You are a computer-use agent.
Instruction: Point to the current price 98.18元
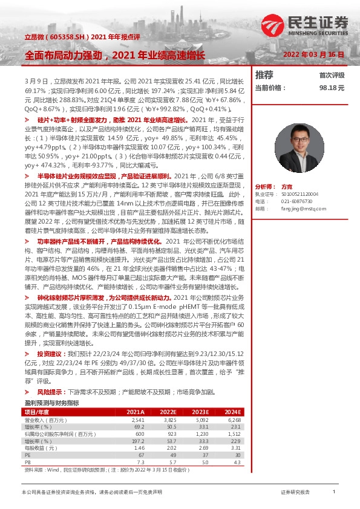pos(332,88)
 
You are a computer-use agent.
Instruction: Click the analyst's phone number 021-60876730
pos(297,201)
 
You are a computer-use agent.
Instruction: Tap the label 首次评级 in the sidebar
pos(332,76)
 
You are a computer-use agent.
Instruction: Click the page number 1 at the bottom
pos(333,493)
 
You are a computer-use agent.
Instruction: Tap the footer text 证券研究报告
pos(295,493)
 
